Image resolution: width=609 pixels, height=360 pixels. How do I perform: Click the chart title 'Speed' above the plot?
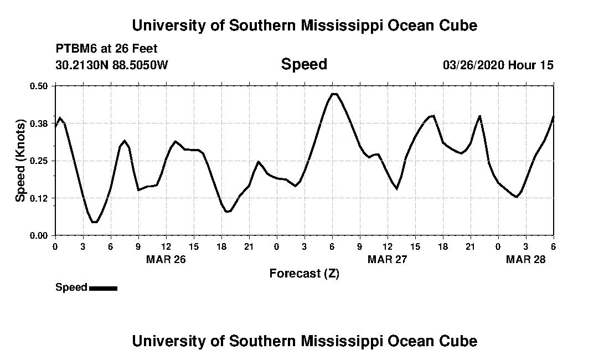(x=304, y=64)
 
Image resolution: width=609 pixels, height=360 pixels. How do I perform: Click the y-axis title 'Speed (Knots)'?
(x=20, y=161)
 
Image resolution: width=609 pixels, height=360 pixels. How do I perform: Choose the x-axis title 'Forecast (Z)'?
(x=304, y=273)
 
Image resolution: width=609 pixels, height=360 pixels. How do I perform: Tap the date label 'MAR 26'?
(x=166, y=259)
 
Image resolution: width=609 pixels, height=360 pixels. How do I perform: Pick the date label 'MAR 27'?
(x=388, y=259)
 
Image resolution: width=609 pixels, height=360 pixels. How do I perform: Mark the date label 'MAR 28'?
(x=526, y=259)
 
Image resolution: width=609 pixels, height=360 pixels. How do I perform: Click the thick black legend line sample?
(x=103, y=288)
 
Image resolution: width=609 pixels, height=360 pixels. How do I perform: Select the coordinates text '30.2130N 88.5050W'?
(x=112, y=65)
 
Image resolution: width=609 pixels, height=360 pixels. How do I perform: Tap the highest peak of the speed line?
(x=333, y=94)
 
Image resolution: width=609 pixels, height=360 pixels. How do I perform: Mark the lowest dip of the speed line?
(x=95, y=222)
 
